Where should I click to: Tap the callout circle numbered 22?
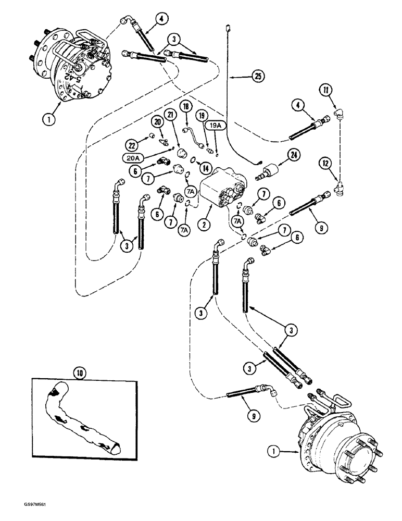131,144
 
